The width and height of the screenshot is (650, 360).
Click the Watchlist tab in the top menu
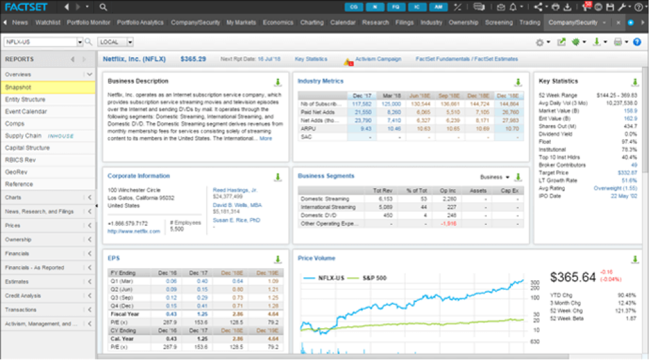click(47, 23)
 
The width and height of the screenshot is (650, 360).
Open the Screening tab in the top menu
click(498, 23)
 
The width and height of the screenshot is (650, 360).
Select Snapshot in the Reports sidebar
click(19, 87)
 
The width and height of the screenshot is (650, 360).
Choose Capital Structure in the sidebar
click(27, 148)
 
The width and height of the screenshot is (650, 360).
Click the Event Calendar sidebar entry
click(26, 111)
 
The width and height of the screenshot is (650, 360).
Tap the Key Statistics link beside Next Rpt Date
click(311, 59)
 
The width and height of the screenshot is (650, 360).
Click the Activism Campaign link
click(378, 59)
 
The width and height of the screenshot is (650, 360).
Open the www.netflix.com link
click(134, 232)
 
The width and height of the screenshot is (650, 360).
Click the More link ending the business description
click(265, 139)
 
